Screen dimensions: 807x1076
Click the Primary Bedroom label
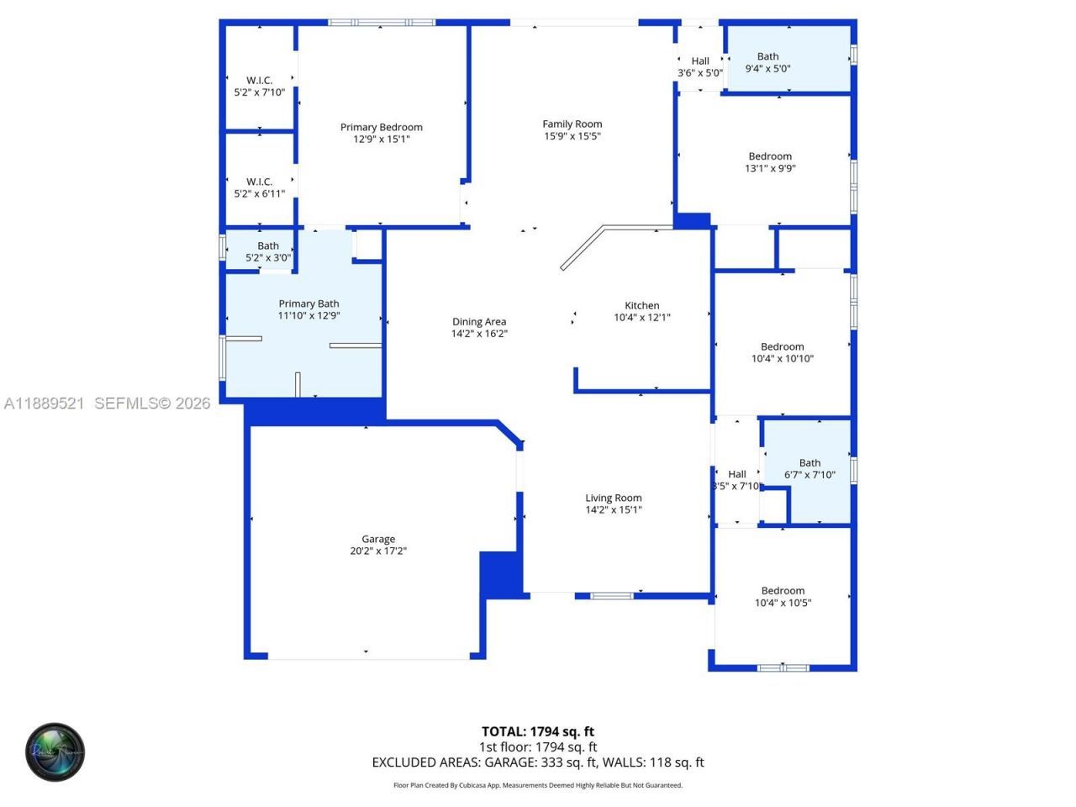[381, 127]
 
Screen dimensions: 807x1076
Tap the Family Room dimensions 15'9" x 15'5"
[572, 136]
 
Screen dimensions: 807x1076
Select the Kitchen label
[641, 305]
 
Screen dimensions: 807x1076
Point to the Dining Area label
[479, 321]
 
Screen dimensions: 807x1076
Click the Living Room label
[614, 498]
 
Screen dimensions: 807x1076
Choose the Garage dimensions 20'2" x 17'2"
[378, 551]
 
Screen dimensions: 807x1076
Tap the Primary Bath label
[309, 303]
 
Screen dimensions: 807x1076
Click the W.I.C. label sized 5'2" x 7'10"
[259, 81]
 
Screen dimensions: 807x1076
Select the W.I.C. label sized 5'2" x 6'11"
[259, 182]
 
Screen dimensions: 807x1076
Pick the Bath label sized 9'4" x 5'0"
[767, 56]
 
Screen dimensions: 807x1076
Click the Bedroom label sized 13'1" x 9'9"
[770, 156]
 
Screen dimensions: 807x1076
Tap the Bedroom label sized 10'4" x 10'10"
[782, 346]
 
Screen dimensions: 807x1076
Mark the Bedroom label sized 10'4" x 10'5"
[783, 591]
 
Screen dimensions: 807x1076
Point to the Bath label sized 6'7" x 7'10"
[810, 462]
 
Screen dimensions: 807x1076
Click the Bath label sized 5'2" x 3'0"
[268, 245]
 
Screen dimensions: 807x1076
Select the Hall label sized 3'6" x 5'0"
[700, 61]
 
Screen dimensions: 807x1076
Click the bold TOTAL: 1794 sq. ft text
[537, 731]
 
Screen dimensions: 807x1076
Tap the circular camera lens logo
[55, 752]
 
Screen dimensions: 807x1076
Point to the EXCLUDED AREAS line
[537, 762]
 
